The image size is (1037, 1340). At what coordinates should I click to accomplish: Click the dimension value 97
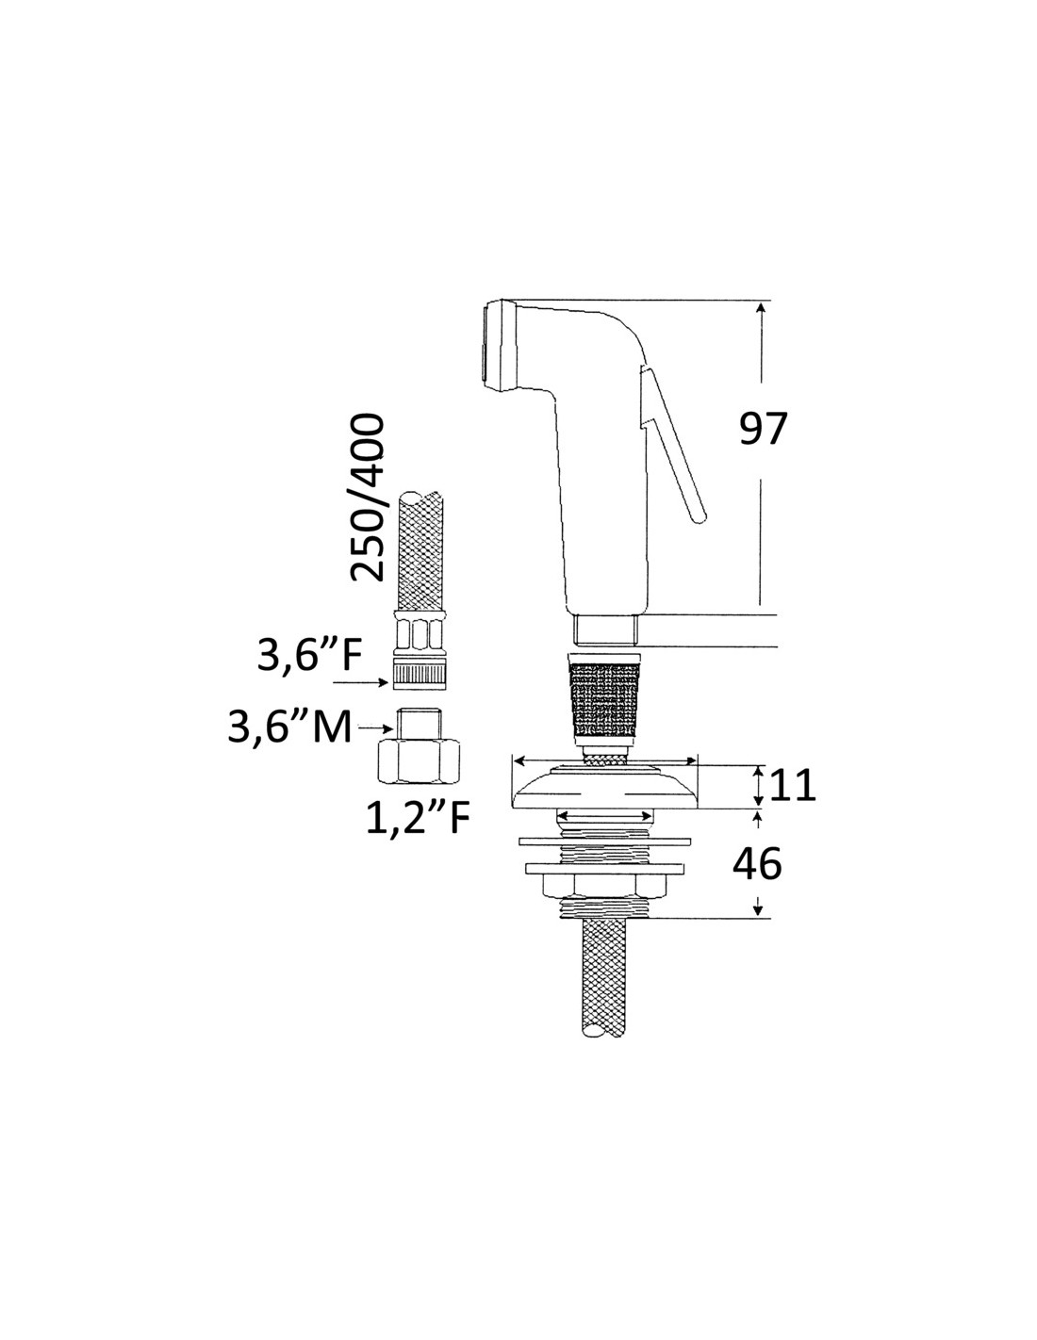tap(764, 429)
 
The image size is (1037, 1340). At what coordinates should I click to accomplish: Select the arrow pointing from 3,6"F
tap(360, 682)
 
